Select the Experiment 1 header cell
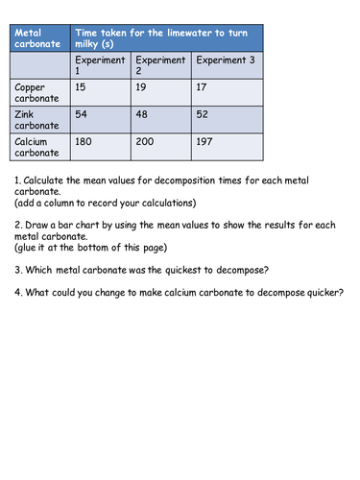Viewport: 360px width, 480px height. pyautogui.click(x=98, y=65)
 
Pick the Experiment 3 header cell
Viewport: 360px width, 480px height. pyautogui.click(x=227, y=60)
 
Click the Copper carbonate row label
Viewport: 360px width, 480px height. pyautogui.click(x=36, y=91)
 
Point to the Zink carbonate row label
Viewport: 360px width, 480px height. pyautogui.click(x=36, y=119)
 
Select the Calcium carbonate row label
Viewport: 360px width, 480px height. pyautogui.click(x=36, y=147)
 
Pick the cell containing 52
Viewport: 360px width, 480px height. pyautogui.click(x=202, y=114)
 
